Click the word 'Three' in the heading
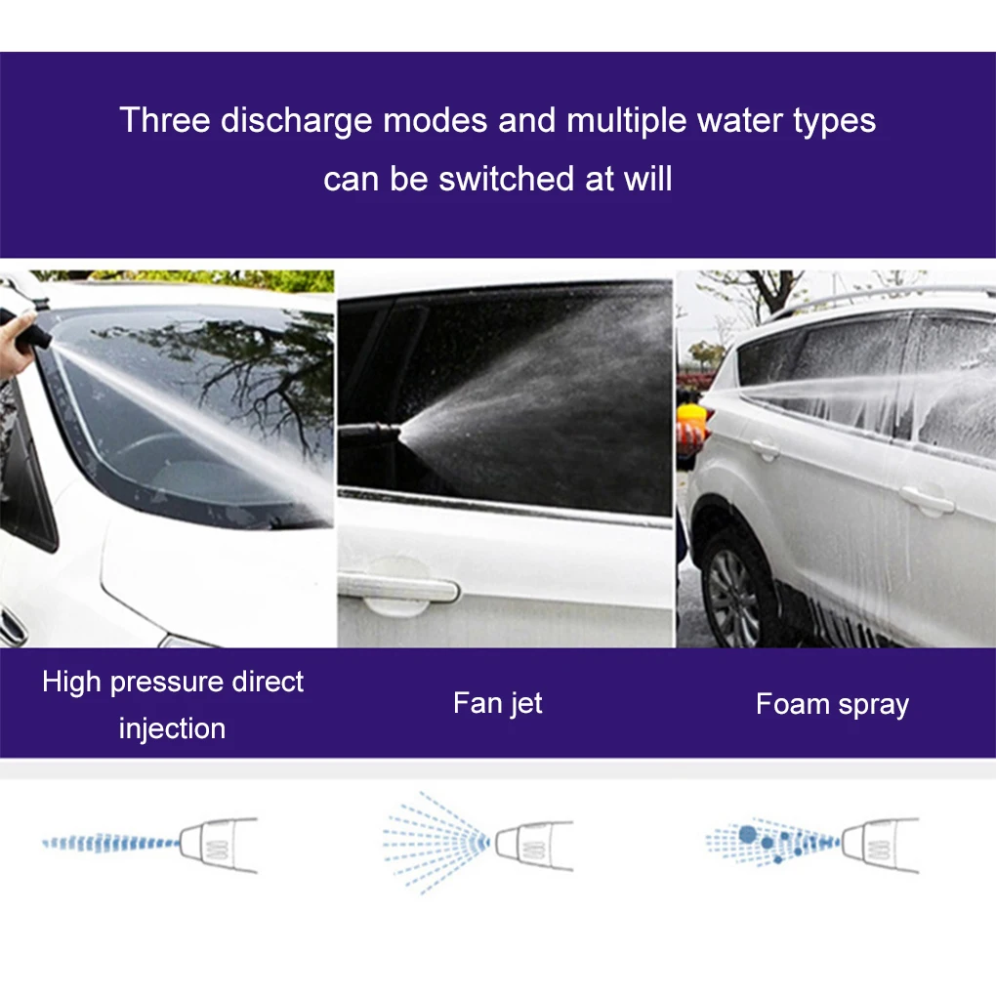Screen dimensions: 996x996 pos(164,121)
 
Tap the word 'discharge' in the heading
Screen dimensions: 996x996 pos(296,121)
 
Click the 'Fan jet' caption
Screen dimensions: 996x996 pos(497,703)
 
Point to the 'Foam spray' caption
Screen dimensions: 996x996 pos(832,704)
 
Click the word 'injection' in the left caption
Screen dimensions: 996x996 pos(172,728)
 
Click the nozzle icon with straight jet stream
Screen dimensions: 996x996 pos(220,843)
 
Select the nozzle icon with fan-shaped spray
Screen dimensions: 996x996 pos(532,843)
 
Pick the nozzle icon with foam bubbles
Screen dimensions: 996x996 pos(879,843)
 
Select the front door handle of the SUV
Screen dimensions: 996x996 pos(926,502)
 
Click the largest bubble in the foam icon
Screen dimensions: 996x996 pos(749,834)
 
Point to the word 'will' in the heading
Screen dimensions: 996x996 pos(649,180)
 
